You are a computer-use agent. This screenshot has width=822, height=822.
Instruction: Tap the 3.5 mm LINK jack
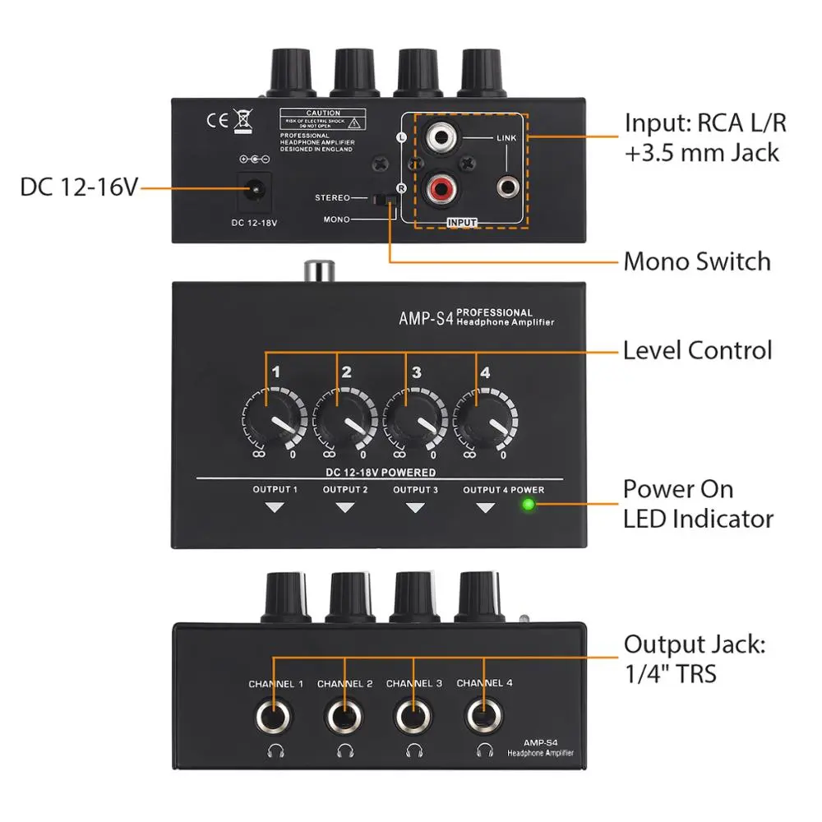(506, 188)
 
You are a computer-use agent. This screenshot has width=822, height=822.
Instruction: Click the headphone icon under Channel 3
(414, 749)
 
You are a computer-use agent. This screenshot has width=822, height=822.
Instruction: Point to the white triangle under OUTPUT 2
(345, 509)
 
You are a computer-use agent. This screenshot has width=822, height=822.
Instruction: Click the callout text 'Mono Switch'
(697, 261)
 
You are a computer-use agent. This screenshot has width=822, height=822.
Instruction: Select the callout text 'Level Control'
(697, 350)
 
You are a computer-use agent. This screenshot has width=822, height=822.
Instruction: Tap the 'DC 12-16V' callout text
(78, 188)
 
